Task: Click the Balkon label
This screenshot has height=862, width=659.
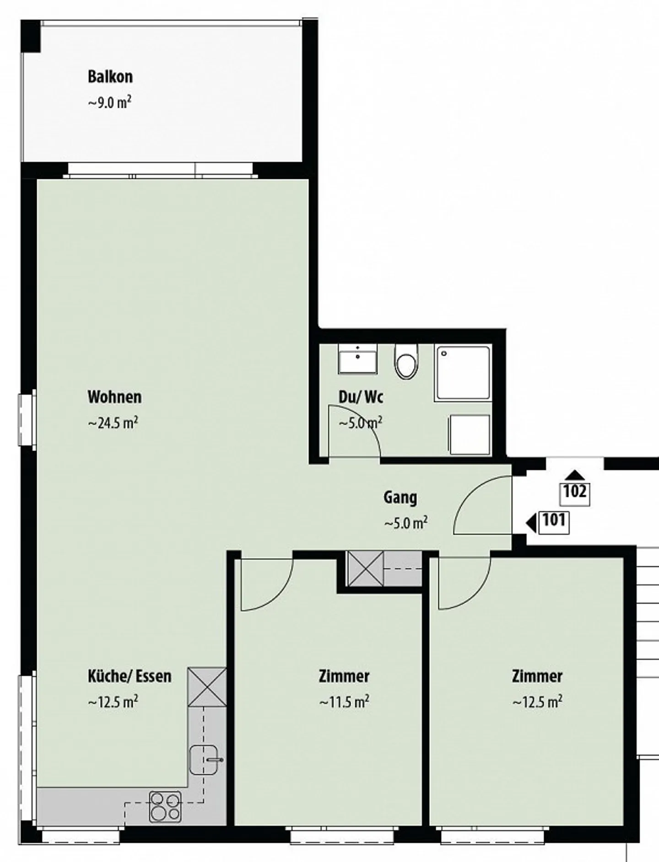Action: (110, 76)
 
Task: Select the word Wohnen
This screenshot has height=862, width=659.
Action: (114, 397)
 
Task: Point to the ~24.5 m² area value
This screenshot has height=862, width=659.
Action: (113, 423)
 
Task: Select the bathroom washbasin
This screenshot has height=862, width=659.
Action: (357, 359)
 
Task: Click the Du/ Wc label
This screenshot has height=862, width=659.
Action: (361, 397)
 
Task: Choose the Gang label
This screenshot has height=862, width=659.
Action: (400, 497)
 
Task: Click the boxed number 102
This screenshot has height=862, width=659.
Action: (575, 493)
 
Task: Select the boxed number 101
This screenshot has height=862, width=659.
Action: (554, 521)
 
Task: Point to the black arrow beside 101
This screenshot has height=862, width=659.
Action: (531, 522)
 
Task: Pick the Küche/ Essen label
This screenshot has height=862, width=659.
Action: (130, 676)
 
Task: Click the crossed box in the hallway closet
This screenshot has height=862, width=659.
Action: (365, 569)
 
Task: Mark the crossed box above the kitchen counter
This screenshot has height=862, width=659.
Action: (207, 687)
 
